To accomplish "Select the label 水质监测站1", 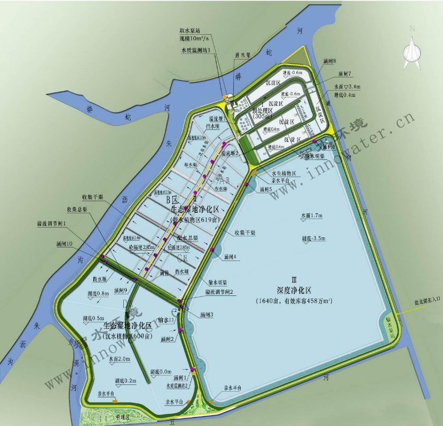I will (x=195, y=51).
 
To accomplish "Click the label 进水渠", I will (x=242, y=54).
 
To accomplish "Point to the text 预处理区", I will (x=262, y=110).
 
